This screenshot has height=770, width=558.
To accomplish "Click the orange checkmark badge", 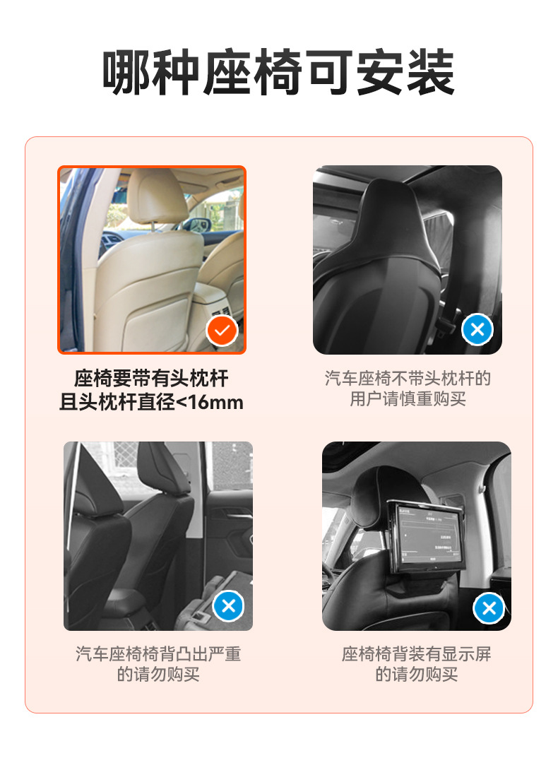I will pyautogui.click(x=222, y=330).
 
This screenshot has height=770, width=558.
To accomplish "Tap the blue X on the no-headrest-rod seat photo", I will pyautogui.click(x=477, y=329).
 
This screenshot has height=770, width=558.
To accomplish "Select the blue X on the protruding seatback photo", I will pyautogui.click(x=228, y=605).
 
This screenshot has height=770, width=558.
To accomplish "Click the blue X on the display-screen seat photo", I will pyautogui.click(x=488, y=608).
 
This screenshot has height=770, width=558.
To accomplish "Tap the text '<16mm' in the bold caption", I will pyautogui.click(x=209, y=403).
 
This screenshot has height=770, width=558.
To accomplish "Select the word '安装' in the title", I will pyautogui.click(x=405, y=73).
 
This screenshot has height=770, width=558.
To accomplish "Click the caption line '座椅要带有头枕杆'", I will pyautogui.click(x=151, y=379).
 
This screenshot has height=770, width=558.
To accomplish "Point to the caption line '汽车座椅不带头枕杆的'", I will pyautogui.click(x=408, y=379).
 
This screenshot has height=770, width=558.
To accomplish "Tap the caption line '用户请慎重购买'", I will pyautogui.click(x=408, y=399).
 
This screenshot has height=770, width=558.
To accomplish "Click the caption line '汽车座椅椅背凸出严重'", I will pyautogui.click(x=158, y=654).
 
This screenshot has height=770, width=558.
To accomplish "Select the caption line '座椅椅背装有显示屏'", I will pyautogui.click(x=416, y=654).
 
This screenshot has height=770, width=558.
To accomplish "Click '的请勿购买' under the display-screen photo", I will pyautogui.click(x=416, y=675).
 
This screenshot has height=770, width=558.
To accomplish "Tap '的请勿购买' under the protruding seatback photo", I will pyautogui.click(x=158, y=675).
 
